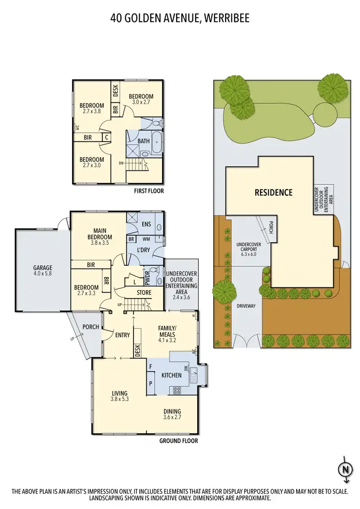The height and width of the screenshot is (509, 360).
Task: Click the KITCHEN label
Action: [171, 375]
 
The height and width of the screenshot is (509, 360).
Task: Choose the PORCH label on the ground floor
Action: [91, 327]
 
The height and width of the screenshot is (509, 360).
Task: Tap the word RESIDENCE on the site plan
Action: [273, 193]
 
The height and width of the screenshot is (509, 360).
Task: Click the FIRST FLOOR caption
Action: [149, 191]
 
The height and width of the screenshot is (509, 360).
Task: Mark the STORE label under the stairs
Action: [144, 293]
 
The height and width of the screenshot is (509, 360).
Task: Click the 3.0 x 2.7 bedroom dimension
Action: [141, 102]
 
